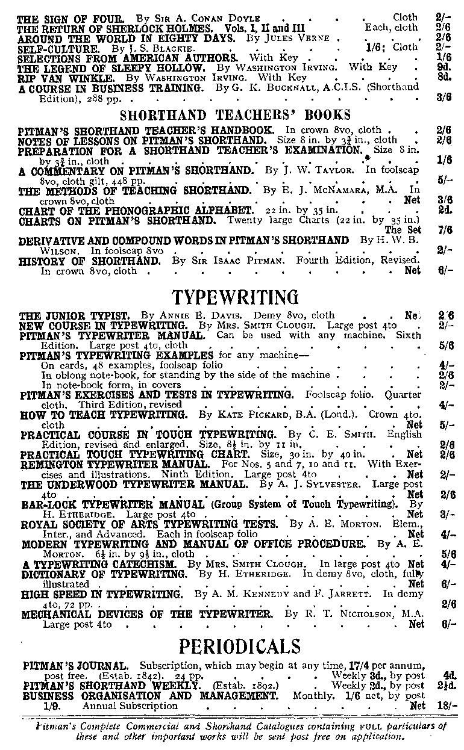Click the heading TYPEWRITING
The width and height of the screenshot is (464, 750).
236,297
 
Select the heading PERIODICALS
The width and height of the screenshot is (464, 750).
239,646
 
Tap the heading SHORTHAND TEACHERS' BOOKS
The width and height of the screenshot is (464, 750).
235,115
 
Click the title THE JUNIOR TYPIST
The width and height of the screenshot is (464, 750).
74,315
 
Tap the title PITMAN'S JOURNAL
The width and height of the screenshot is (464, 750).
75,666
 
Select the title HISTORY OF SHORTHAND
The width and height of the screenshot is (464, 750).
90,261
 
